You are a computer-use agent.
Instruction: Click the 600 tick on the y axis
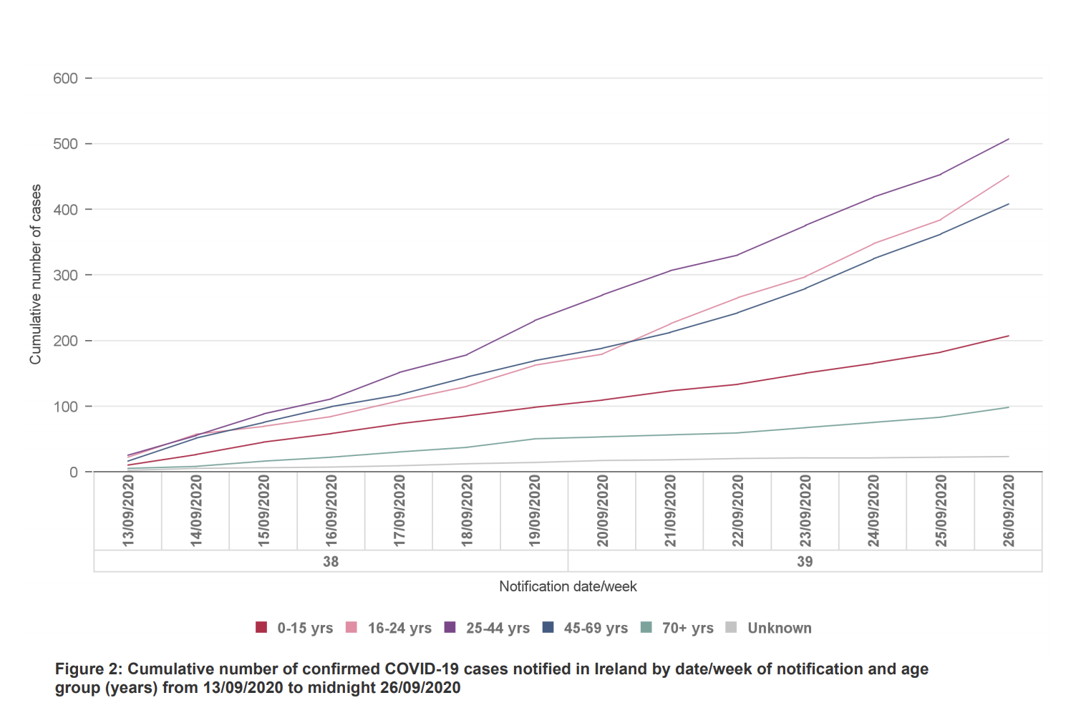pos(66,79)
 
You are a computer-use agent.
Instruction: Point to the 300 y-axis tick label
pos(66,276)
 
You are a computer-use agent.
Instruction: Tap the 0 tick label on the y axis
pos(74,472)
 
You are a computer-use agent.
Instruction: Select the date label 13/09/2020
pos(129,511)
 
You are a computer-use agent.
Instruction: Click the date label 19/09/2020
pos(535,511)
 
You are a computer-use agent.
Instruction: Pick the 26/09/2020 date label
pos(1009,511)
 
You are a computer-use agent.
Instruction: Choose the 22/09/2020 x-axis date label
pos(738,511)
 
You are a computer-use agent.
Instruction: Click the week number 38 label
pos(331,562)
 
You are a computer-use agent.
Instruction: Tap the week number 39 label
pos(805,562)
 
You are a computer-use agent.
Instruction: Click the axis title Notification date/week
pos(568,587)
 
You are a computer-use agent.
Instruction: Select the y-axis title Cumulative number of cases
pos(36,275)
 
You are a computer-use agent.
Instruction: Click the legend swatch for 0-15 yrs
pos(261,628)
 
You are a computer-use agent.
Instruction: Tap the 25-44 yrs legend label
pos(498,628)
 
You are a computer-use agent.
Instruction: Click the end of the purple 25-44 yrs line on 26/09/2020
pos(1008,139)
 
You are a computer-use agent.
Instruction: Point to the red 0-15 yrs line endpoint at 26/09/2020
pos(1008,336)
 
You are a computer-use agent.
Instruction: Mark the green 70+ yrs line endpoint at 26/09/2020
pos(1008,407)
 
